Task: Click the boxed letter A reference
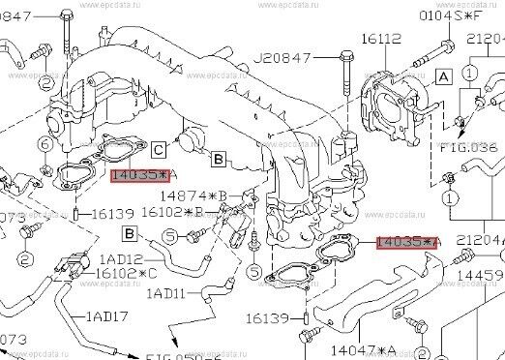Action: coord(444,75)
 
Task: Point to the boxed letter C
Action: coord(157,148)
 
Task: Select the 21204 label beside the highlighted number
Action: coord(478,240)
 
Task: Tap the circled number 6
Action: coord(45,145)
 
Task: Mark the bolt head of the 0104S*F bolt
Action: coord(444,45)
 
